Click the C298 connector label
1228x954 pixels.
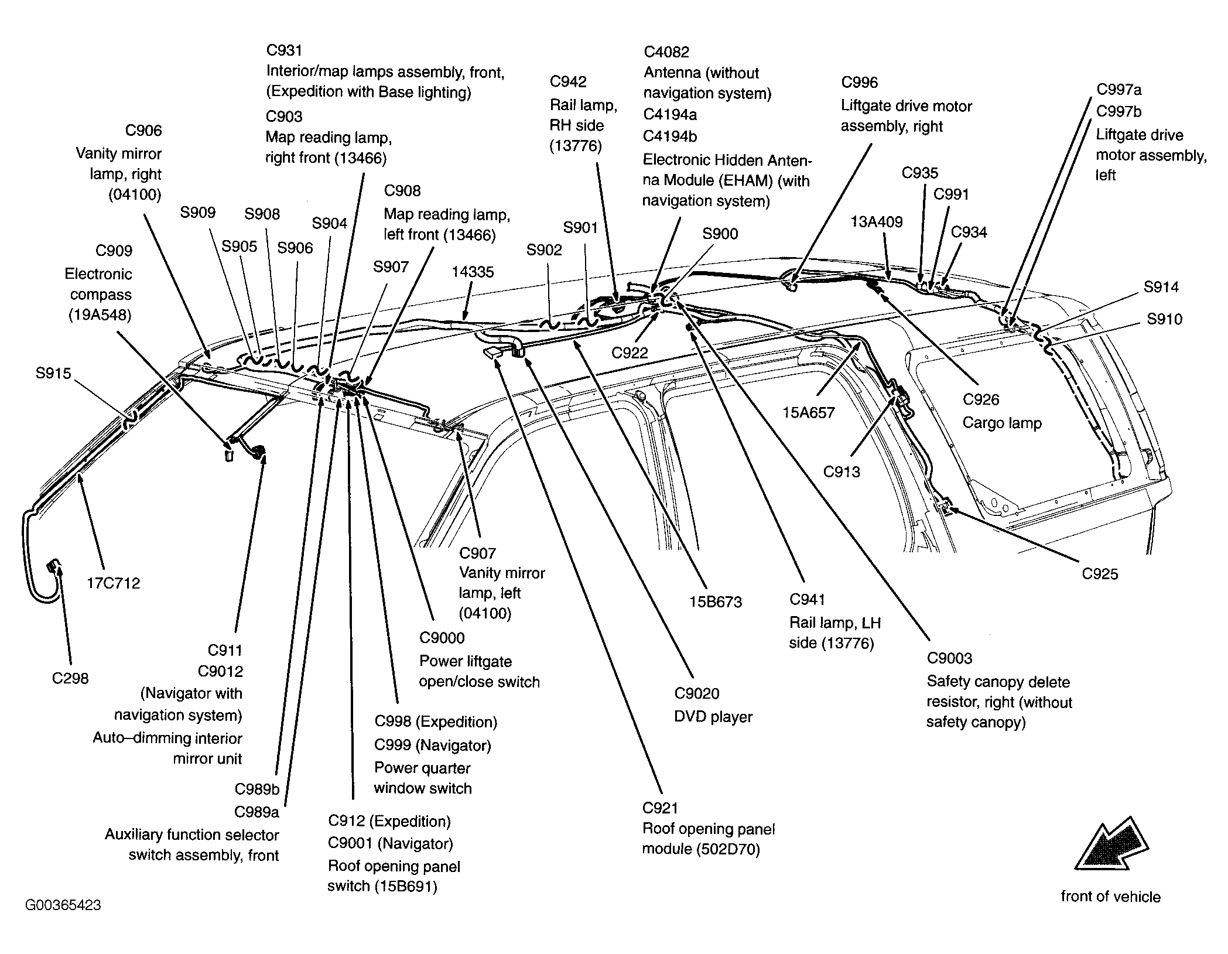click(70, 678)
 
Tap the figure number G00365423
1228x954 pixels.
click(63, 905)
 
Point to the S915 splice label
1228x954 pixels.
click(53, 373)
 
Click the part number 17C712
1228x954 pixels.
click(114, 583)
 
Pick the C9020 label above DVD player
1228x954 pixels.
click(697, 693)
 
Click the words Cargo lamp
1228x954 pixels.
click(1002, 423)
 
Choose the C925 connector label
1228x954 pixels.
click(1100, 574)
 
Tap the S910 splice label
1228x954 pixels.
click(1164, 319)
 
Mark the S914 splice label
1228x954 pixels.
click(1161, 287)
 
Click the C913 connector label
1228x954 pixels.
click(842, 471)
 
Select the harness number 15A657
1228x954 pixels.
click(808, 413)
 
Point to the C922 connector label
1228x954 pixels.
click(630, 353)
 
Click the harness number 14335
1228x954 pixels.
click(473, 272)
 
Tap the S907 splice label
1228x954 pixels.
click(391, 267)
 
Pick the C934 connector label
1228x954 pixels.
click(969, 232)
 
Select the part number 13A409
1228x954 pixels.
click(877, 222)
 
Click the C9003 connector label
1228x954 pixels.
click(949, 658)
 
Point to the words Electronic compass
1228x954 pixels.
click(98, 284)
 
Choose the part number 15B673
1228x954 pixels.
click(716, 602)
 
